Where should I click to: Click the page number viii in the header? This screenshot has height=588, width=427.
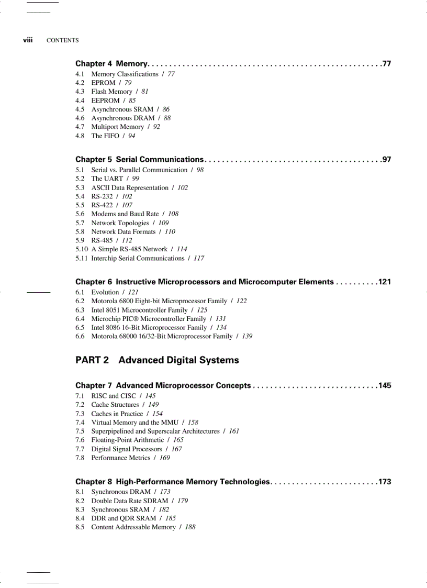(28, 40)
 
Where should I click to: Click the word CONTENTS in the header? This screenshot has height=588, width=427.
(63, 40)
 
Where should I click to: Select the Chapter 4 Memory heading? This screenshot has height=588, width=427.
(111, 64)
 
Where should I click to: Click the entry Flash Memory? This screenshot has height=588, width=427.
(111, 92)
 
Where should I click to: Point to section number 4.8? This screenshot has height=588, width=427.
(80, 136)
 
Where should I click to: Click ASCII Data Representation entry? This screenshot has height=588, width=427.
(130, 187)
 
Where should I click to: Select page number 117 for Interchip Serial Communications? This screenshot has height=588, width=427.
(199, 258)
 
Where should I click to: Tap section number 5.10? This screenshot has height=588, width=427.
(82, 249)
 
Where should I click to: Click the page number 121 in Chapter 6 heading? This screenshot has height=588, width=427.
(385, 282)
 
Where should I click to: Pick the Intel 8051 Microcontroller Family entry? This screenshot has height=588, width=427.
(139, 310)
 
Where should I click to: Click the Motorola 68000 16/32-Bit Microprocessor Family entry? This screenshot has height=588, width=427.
(162, 336)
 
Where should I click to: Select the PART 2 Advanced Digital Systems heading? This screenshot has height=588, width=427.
(157, 360)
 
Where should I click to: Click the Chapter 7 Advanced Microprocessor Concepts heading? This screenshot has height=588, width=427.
(163, 385)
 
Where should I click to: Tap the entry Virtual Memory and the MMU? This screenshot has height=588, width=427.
(134, 422)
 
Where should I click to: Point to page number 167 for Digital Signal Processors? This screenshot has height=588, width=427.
(177, 449)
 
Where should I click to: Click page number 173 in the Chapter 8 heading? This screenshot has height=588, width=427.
(385, 482)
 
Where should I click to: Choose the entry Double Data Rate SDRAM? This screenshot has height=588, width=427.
(129, 501)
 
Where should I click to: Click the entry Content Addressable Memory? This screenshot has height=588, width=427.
(133, 527)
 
